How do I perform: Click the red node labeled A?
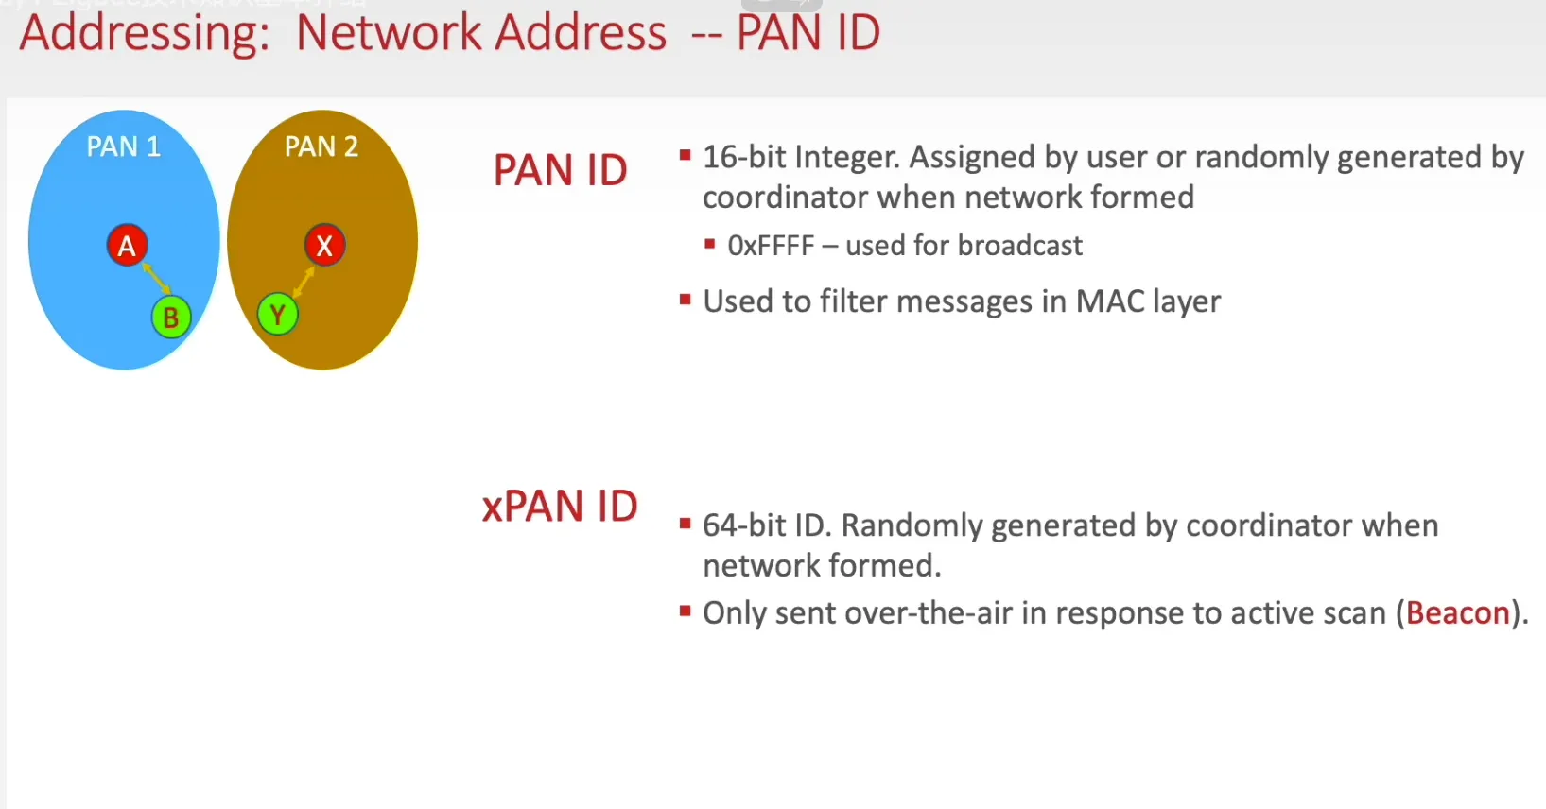(x=127, y=246)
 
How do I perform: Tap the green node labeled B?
(x=171, y=318)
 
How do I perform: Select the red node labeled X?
(x=324, y=246)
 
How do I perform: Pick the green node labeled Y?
(x=277, y=315)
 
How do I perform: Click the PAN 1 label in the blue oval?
(x=124, y=146)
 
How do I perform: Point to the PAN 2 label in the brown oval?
(x=321, y=146)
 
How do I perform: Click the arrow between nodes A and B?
(x=156, y=279)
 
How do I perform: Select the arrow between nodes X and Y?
(x=304, y=281)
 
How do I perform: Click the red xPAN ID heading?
(x=560, y=507)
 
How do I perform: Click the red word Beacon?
(x=1457, y=613)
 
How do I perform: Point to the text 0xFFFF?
(x=771, y=246)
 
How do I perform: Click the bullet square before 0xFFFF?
(x=709, y=245)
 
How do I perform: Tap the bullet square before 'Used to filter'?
(x=686, y=301)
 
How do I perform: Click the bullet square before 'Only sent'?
(x=686, y=611)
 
